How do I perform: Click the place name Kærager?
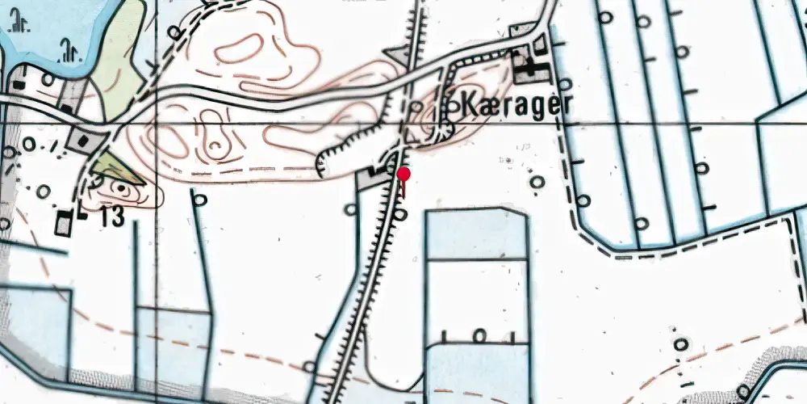[x=509, y=105]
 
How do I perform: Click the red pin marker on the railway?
[x=403, y=175]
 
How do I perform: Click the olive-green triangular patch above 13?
[x=118, y=170]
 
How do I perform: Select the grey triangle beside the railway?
[x=398, y=55]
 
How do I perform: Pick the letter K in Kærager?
[x=469, y=105]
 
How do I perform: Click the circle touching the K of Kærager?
[x=452, y=105]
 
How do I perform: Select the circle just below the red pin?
[x=401, y=214]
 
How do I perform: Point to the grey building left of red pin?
[x=376, y=173]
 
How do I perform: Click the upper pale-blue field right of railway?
[x=475, y=234]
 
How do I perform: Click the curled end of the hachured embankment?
[x=324, y=163]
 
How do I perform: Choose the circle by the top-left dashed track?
[x=174, y=32]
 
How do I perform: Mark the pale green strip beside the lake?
[x=118, y=48]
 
